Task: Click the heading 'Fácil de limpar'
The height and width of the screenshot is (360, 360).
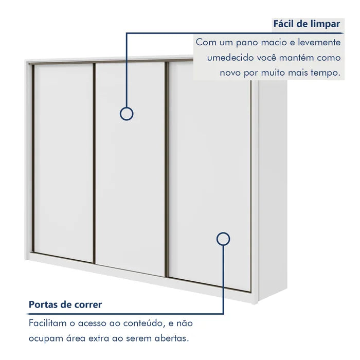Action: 306,24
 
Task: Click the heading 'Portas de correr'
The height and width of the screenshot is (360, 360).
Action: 65,304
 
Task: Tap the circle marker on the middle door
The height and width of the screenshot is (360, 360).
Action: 127,114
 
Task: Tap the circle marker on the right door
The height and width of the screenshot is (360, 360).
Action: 223,239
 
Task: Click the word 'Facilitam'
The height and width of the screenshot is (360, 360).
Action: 49,323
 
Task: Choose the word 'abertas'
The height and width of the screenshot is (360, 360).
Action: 172,339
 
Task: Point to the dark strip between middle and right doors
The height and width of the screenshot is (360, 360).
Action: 167,170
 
